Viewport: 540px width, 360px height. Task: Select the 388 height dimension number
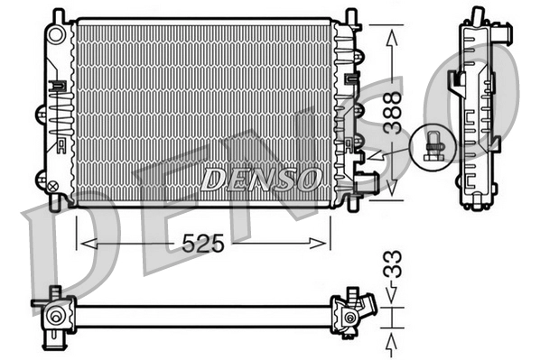(x=390, y=113)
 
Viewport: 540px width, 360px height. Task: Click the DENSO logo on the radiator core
(x=260, y=179)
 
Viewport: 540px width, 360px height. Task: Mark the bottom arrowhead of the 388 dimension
(x=390, y=190)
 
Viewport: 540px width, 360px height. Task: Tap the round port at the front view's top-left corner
(x=57, y=33)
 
